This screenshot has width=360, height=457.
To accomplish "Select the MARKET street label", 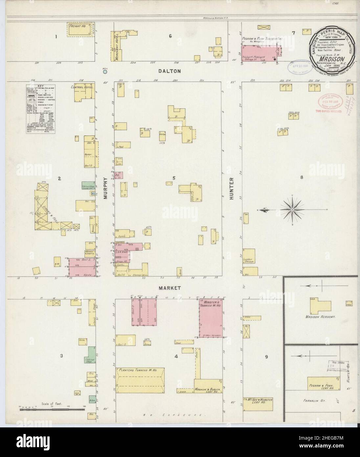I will pos(169,288).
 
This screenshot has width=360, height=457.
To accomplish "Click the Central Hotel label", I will pos(82,88).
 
